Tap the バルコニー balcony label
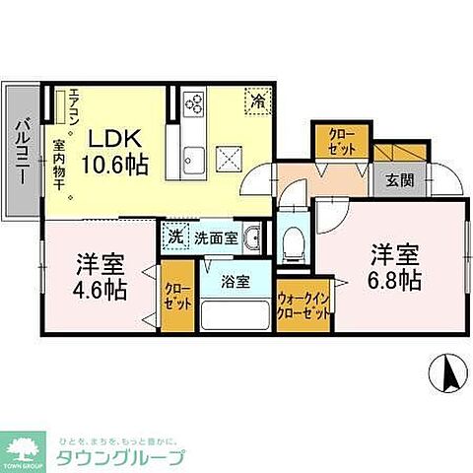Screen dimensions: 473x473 (21, 151)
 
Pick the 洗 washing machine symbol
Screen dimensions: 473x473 (173, 236)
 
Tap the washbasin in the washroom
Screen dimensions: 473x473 (253, 237)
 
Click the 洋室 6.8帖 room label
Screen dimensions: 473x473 (395, 266)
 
